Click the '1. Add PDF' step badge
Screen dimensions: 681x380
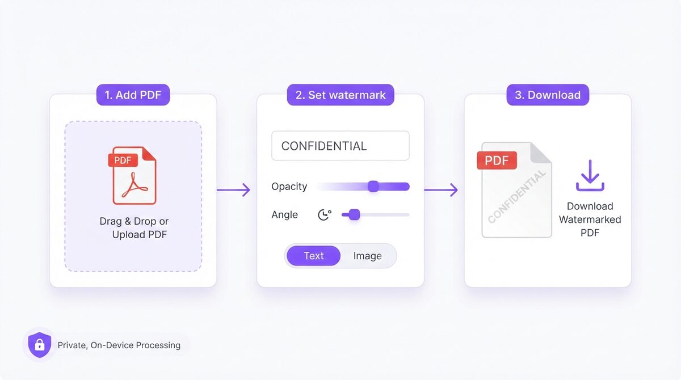click(133, 95)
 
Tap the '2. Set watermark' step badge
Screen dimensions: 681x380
click(340, 95)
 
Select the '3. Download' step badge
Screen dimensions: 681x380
click(548, 95)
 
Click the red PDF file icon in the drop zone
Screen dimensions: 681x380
click(133, 176)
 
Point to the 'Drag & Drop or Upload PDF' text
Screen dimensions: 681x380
click(134, 227)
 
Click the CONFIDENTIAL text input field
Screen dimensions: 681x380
click(340, 146)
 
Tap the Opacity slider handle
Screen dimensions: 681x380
click(373, 186)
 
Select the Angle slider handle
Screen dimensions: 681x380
click(354, 214)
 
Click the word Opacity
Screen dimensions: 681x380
click(289, 187)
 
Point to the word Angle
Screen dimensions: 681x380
click(284, 214)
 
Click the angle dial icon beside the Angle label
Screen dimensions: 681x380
click(325, 214)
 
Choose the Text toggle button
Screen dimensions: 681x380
click(313, 256)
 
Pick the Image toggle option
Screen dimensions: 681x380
click(367, 256)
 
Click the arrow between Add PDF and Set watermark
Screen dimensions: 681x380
click(233, 190)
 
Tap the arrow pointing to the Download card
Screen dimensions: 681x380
click(441, 190)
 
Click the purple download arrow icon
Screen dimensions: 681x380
click(590, 176)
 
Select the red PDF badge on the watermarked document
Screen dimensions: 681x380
click(497, 160)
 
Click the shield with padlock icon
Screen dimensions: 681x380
click(40, 345)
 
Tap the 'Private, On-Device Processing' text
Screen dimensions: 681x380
click(119, 345)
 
